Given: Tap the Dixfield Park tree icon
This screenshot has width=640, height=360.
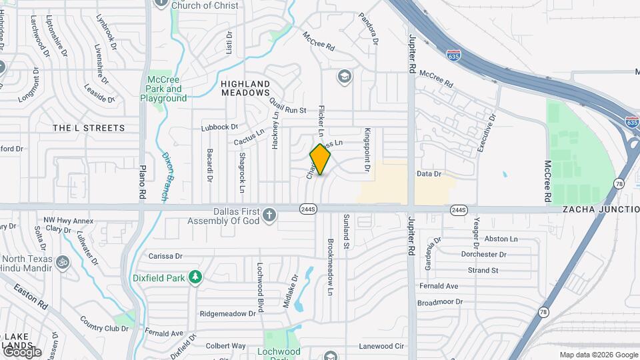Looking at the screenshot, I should pyautogui.click(x=195, y=277).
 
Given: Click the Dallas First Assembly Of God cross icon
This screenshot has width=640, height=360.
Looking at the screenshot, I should pyautogui.click(x=268, y=215).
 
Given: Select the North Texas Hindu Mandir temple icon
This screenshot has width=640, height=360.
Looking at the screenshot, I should pyautogui.click(x=63, y=261).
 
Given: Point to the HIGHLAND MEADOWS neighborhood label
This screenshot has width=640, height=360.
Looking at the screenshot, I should pyautogui.click(x=245, y=89).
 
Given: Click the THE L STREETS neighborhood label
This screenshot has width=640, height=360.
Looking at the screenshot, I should pyautogui.click(x=89, y=127).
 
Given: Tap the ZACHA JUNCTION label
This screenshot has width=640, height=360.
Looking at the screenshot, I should pyautogui.click(x=600, y=209).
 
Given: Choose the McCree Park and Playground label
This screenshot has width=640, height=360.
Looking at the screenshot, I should pyautogui.click(x=163, y=89).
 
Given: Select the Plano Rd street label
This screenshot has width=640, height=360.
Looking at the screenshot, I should pyautogui.click(x=142, y=181).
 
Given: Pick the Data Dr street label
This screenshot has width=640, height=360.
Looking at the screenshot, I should pyautogui.click(x=429, y=174).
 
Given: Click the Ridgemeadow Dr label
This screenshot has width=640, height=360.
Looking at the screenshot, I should pyautogui.click(x=227, y=313).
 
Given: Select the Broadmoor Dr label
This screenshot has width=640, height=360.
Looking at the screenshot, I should pyautogui.click(x=440, y=301).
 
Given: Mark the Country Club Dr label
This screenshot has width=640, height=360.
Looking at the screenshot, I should pyautogui.click(x=103, y=328).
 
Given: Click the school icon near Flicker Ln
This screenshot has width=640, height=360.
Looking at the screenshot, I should pyautogui.click(x=345, y=76).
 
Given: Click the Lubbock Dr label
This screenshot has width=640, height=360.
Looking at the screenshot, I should pyautogui.click(x=219, y=127).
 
